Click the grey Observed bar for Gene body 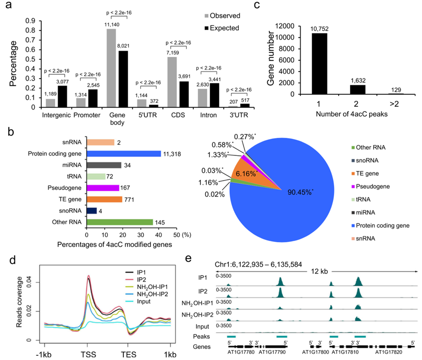pyautogui.click(x=111, y=71)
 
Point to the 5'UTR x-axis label pyautogui.click(x=147, y=115)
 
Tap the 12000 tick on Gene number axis pyautogui.click(x=293, y=26)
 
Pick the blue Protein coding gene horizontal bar pyautogui.click(x=124, y=153)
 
